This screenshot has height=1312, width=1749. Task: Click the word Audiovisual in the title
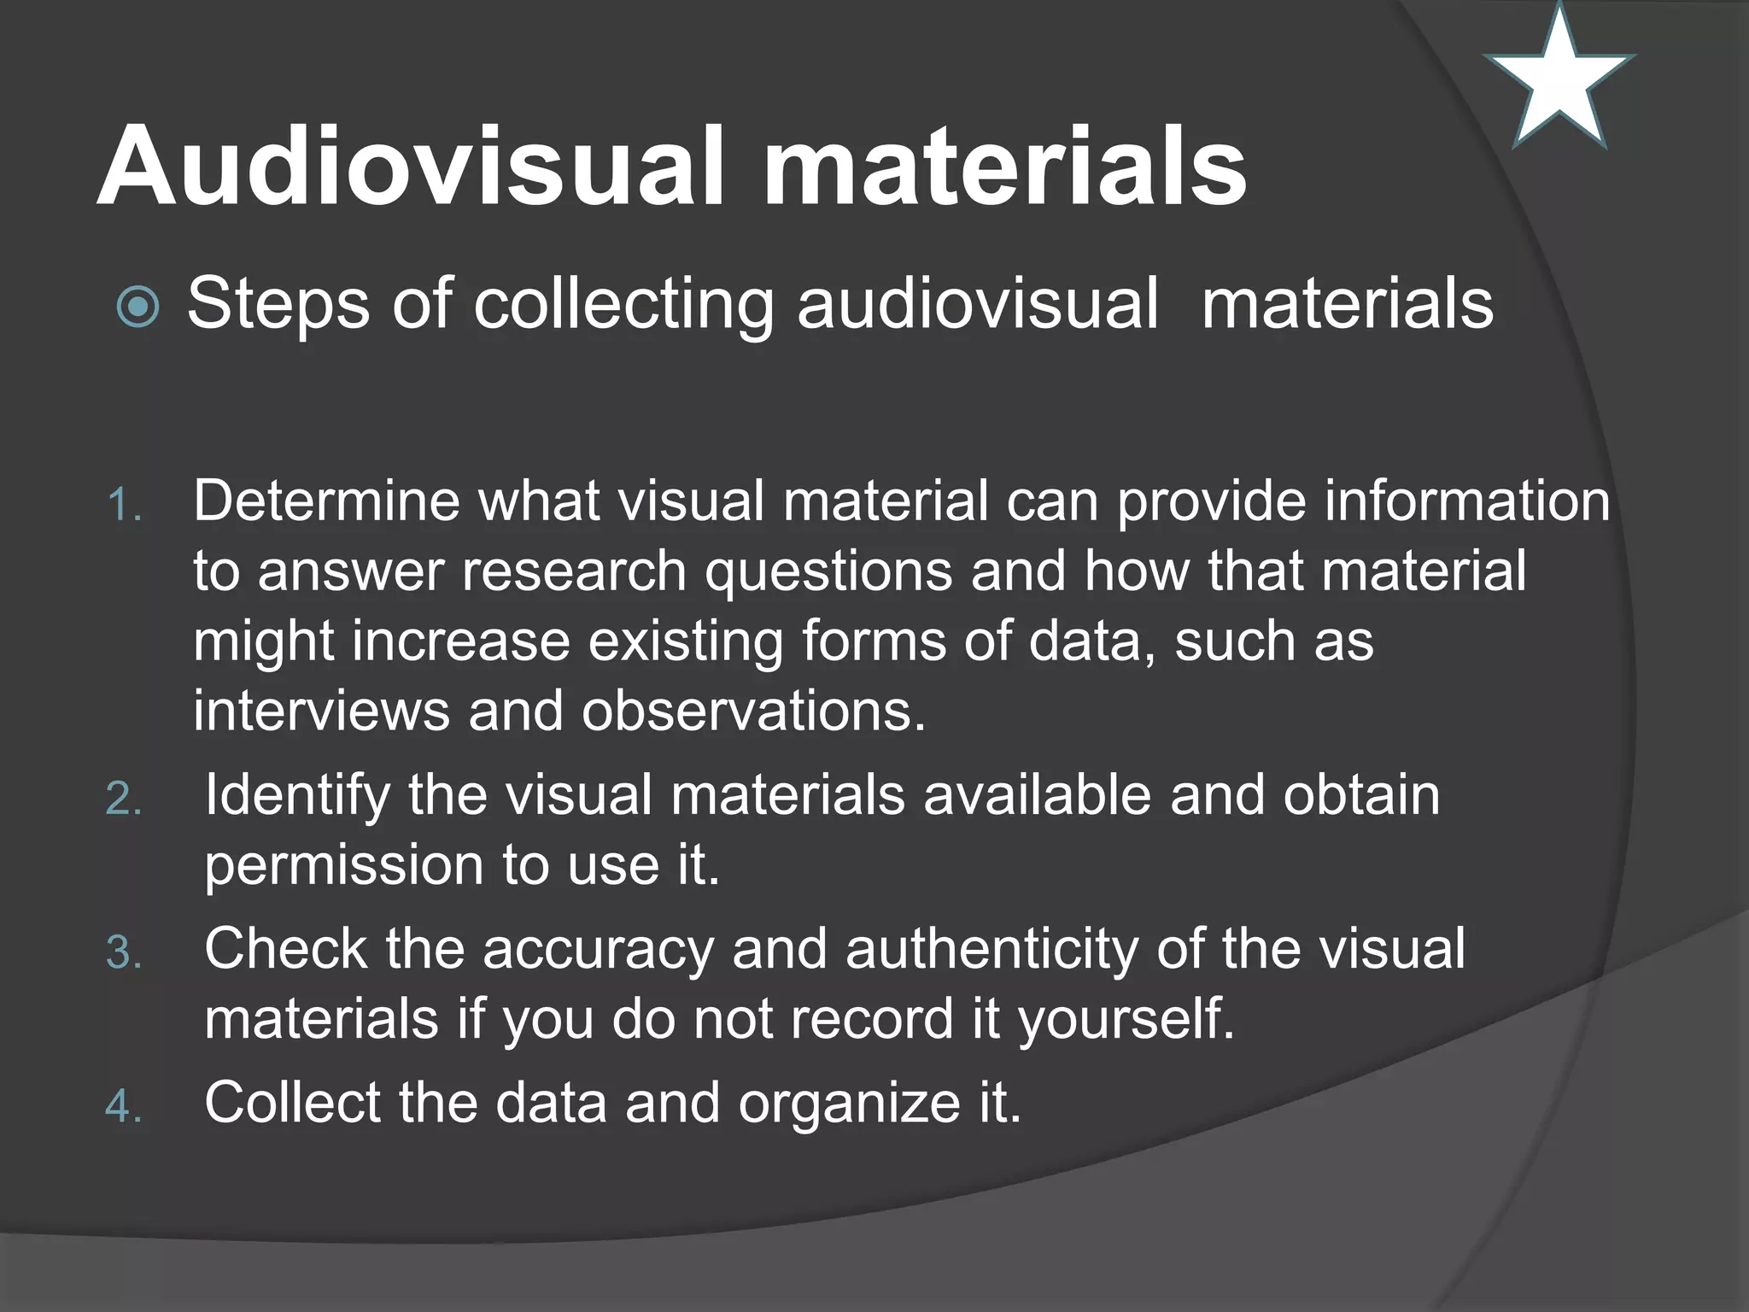point(410,166)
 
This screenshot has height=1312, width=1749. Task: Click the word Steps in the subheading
point(278,305)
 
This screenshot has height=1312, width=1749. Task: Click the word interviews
point(321,711)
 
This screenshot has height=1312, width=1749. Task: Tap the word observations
point(753,711)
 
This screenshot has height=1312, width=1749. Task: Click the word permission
point(344,866)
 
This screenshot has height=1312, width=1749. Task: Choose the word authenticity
point(991,950)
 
